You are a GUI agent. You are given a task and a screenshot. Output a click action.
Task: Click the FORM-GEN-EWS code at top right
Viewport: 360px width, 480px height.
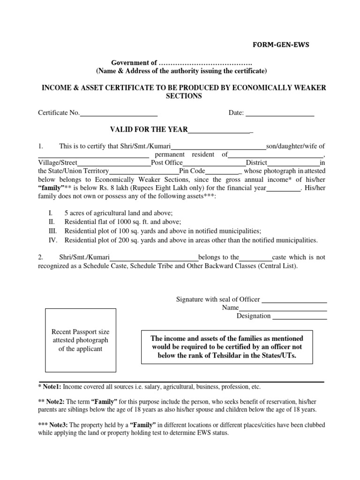[x=282, y=45]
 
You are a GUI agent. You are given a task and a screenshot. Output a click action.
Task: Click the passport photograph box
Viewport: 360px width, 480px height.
[x=80, y=340]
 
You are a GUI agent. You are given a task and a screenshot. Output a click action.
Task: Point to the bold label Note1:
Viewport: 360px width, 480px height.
[x=52, y=387]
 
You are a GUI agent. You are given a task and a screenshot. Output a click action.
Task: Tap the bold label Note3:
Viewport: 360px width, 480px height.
[x=58, y=425]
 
